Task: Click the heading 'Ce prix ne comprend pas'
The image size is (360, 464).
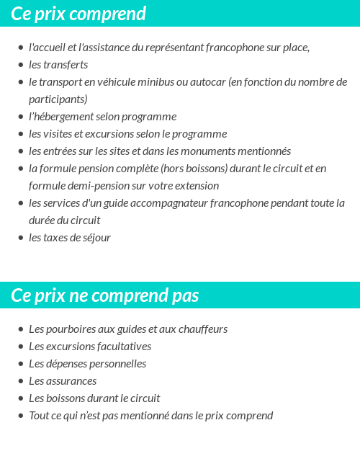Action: coord(105,295)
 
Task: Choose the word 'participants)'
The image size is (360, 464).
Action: coord(58,99)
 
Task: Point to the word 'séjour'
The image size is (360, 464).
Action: coord(96,238)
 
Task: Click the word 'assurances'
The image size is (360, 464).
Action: coord(71,381)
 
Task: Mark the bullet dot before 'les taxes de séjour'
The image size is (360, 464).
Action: coord(20,238)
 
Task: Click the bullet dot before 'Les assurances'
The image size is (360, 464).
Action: coord(20,381)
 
